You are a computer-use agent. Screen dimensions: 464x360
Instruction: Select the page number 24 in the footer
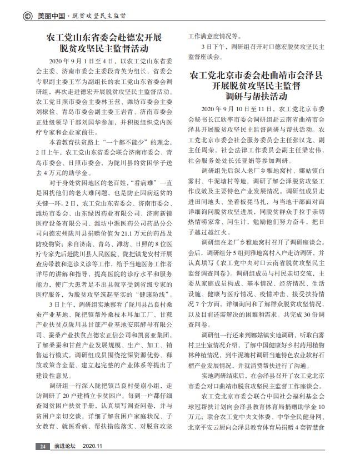pos(42,446)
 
